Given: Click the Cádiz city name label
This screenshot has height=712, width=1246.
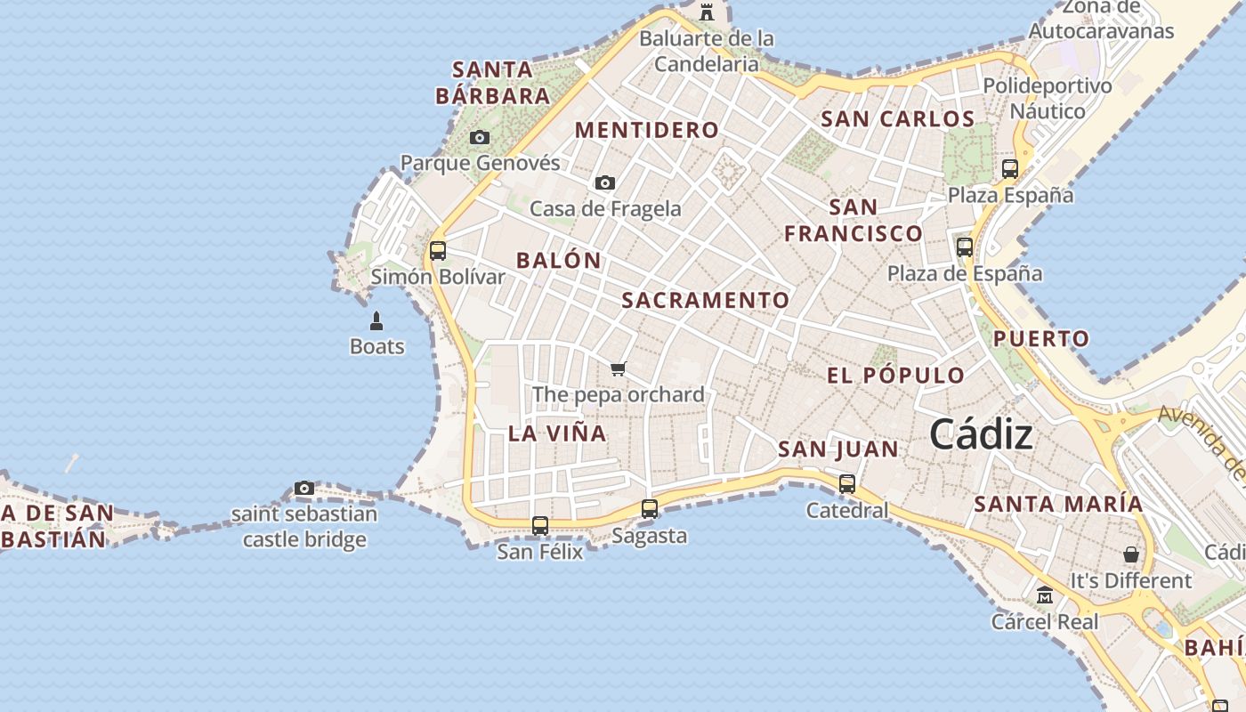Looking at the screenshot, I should tap(981, 435).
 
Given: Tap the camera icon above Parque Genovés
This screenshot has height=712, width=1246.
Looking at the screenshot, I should tap(480, 137).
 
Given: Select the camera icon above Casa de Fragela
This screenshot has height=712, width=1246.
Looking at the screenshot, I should tap(605, 182).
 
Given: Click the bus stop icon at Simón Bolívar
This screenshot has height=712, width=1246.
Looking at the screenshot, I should tap(437, 251).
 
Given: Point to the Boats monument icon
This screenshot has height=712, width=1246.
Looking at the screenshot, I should tap(376, 320).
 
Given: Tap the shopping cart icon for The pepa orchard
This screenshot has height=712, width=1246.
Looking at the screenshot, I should tap(619, 368).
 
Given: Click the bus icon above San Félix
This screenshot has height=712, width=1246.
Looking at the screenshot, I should tap(540, 525).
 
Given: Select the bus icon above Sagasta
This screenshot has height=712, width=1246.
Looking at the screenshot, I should tap(650, 509).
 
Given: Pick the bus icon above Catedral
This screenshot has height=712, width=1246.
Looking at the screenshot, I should tap(847, 484).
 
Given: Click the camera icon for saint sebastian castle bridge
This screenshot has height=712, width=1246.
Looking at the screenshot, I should tap(304, 488).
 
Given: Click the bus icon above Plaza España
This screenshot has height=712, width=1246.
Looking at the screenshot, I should tap(1010, 169).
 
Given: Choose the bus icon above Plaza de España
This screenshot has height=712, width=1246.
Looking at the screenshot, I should tap(965, 247).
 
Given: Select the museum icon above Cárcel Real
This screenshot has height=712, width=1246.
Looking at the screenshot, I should tap(1045, 595).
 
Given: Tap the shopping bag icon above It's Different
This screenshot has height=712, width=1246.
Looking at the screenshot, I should tap(1131, 554).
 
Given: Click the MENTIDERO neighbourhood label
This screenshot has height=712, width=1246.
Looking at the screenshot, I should tap(647, 130).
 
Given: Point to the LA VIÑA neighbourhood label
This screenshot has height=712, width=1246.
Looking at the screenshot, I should tap(557, 433).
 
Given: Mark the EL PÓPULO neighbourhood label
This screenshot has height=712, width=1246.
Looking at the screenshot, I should tap(896, 376).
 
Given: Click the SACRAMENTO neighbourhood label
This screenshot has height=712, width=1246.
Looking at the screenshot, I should tap(705, 301).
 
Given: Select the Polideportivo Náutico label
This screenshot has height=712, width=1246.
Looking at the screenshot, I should tap(1048, 99).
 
